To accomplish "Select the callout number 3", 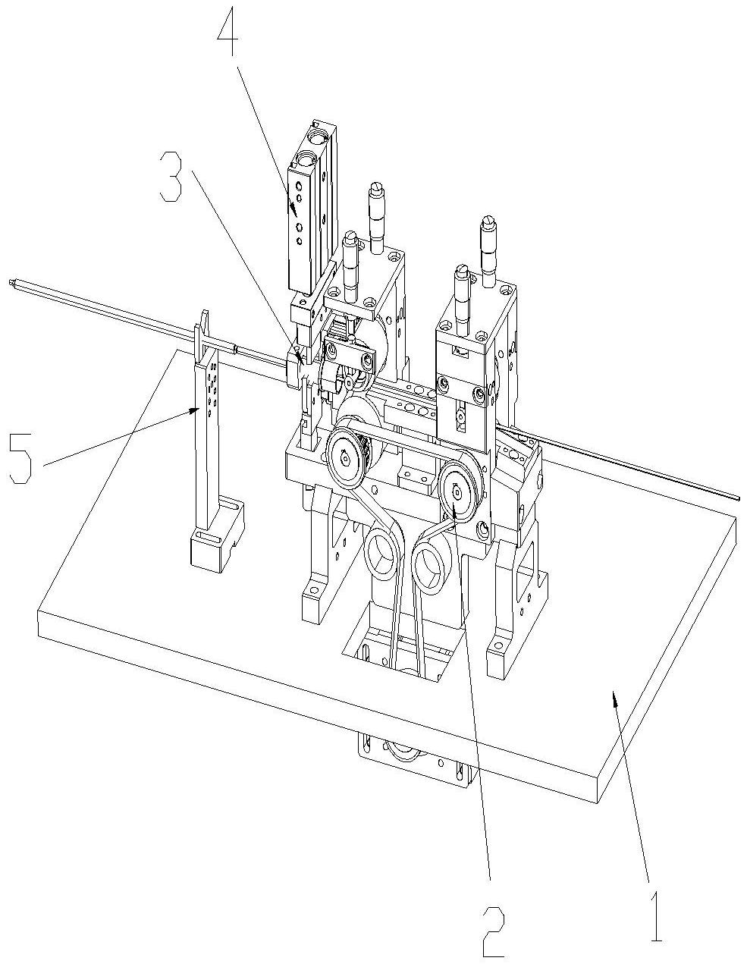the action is tap(171, 176).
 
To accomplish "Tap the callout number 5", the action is tap(20, 457).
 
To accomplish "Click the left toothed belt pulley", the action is tap(345, 455).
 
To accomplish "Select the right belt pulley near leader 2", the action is tap(457, 489).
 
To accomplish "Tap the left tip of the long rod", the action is tap(11, 284).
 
